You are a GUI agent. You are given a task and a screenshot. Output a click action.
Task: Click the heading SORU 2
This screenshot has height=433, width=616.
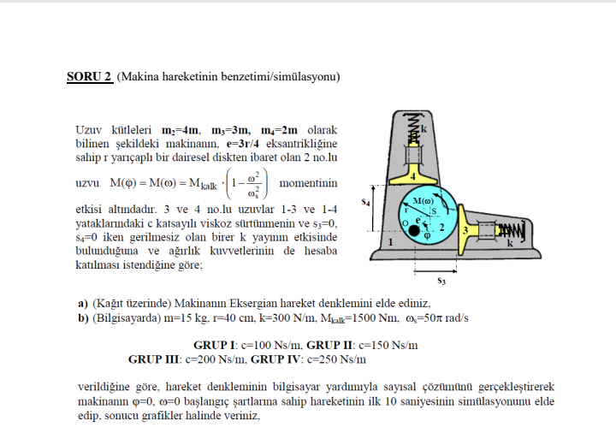89,77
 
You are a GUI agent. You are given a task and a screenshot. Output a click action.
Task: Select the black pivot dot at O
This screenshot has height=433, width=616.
415,230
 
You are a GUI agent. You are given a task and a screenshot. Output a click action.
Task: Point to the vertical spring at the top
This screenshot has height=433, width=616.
413,130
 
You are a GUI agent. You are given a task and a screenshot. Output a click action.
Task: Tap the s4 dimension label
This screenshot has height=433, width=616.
365,203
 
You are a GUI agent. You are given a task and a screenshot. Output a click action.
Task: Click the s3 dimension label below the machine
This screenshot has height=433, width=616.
440,279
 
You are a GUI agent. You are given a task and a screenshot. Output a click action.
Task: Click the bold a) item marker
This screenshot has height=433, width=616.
83,303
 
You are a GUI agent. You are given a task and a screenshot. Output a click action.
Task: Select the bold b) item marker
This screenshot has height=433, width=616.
83,317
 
